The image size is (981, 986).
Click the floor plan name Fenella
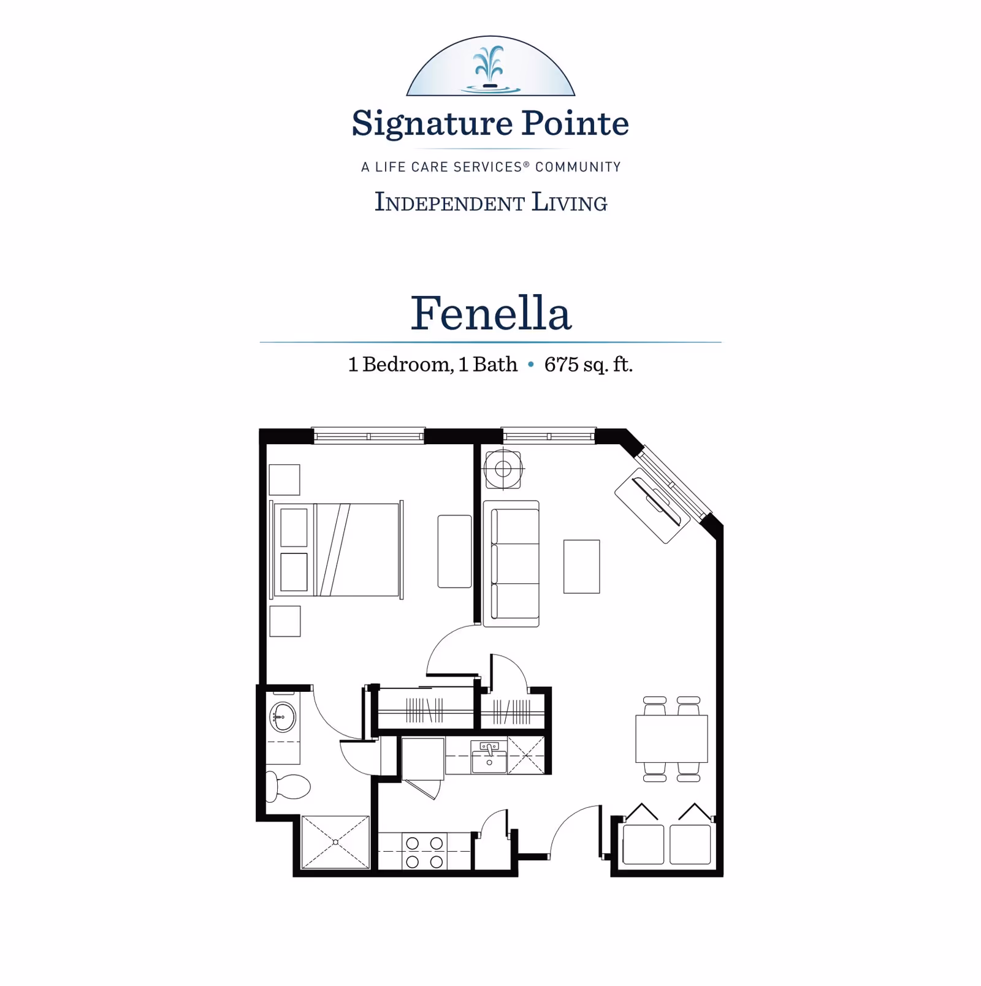(490, 313)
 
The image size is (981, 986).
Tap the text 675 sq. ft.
(588, 365)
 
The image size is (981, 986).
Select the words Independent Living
(490, 202)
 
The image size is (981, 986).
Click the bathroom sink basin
(283, 716)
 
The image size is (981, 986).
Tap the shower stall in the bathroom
(335, 842)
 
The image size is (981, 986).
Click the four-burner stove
(424, 852)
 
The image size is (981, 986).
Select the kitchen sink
(489, 757)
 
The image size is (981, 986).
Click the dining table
(671, 738)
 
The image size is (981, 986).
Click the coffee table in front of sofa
(581, 566)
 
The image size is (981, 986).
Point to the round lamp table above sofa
(503, 469)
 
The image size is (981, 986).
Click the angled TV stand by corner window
(652, 506)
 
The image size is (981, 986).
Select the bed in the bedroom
(337, 550)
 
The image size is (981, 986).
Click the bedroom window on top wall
(368, 436)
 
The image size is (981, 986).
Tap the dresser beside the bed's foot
(454, 552)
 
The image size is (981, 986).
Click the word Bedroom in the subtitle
(407, 365)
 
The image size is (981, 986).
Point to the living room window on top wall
(549, 436)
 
